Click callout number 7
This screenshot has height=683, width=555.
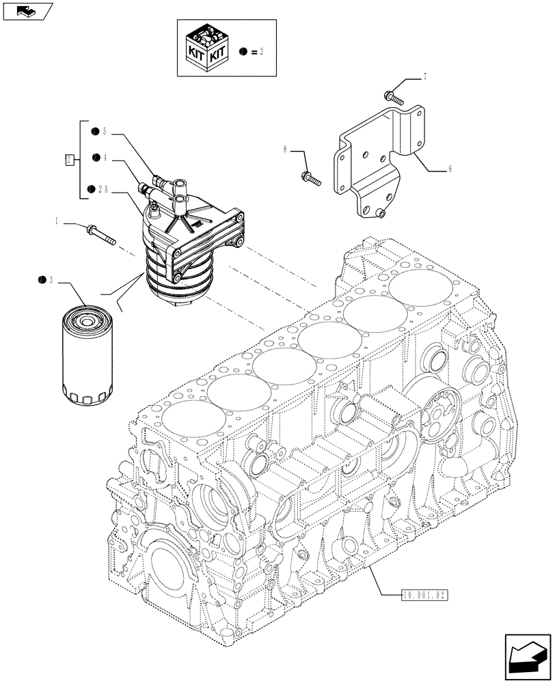[x=425, y=77]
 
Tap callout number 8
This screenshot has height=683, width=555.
[x=284, y=148]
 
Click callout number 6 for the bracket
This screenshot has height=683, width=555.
[x=450, y=168]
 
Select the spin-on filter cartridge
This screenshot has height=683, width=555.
[x=87, y=354]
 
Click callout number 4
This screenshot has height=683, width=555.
[x=107, y=158]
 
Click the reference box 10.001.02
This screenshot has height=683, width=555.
[x=423, y=595]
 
